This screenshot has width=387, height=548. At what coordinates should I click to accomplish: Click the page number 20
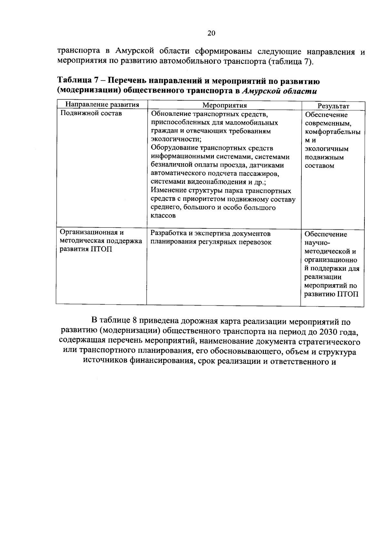tap(211, 33)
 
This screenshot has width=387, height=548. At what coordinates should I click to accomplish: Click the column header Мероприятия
tap(224, 105)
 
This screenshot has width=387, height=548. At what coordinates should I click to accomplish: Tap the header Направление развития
tap(102, 105)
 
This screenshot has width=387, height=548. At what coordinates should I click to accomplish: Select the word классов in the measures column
tap(164, 216)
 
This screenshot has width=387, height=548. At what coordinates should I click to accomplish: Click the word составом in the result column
tap(319, 166)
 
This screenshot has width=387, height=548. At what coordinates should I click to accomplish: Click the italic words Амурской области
tap(279, 91)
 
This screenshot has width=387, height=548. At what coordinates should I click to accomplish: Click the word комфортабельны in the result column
tap(332, 132)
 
